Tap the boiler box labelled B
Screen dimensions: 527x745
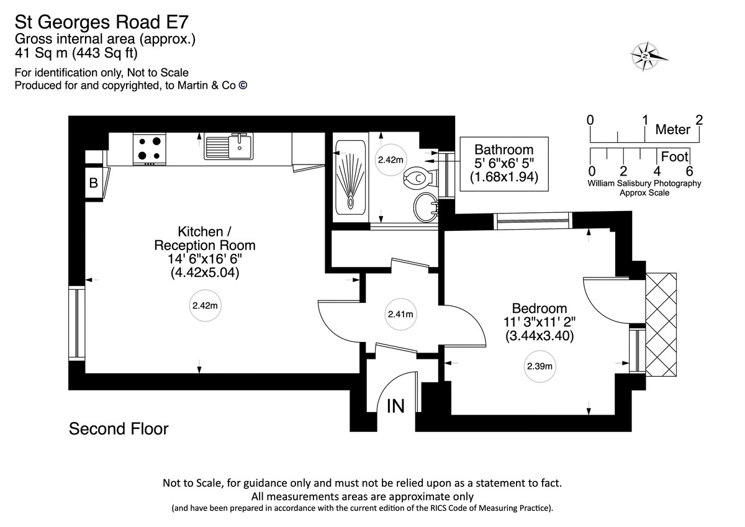[94, 183]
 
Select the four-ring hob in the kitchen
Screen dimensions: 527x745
[150, 148]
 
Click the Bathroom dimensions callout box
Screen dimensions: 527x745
[503, 163]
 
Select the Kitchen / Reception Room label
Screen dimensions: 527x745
[204, 252]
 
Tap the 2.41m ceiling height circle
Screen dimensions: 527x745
[400, 314]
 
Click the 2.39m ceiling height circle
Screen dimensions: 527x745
[540, 366]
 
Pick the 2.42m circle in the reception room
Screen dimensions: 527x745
[204, 305]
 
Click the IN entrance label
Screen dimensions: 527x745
[396, 407]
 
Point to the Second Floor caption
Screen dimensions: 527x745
[119, 428]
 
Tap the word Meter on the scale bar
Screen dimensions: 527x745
[673, 130]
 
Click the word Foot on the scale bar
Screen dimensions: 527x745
[675, 157]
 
